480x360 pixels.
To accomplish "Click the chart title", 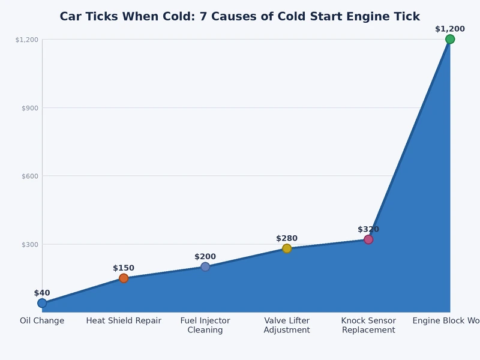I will pyautogui.click(x=239, y=17).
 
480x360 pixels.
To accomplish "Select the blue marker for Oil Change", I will pyautogui.click(x=42, y=303).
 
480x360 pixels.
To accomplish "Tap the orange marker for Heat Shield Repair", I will pyautogui.click(x=124, y=278).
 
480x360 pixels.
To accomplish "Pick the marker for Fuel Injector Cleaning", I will pyautogui.click(x=205, y=266).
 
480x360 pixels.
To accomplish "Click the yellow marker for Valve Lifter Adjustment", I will pyautogui.click(x=287, y=248).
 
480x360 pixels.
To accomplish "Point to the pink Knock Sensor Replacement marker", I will pyautogui.click(x=368, y=239).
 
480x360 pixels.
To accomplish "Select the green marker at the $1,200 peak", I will pyautogui.click(x=450, y=39).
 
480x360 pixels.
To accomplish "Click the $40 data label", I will pyautogui.click(x=42, y=293).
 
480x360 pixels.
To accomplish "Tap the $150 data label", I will pyautogui.click(x=124, y=268).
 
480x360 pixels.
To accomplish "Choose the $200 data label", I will pyautogui.click(x=205, y=256).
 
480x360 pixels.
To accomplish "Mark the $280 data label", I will pyautogui.click(x=287, y=238).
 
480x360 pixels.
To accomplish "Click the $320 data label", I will pyautogui.click(x=368, y=229).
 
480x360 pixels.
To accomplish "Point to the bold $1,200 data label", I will pyautogui.click(x=450, y=29).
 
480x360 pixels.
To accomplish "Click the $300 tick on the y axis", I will pyautogui.click(x=30, y=244).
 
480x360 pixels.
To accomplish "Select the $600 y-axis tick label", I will pyautogui.click(x=30, y=176).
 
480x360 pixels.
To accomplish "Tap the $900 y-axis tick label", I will pyautogui.click(x=30, y=108).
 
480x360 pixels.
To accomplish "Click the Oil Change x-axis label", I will pyautogui.click(x=42, y=321).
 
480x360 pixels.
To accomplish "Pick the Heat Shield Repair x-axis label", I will pyautogui.click(x=124, y=321).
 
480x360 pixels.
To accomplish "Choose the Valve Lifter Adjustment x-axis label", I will pyautogui.click(x=287, y=325).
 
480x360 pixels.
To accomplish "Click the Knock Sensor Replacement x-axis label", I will pyautogui.click(x=368, y=325).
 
